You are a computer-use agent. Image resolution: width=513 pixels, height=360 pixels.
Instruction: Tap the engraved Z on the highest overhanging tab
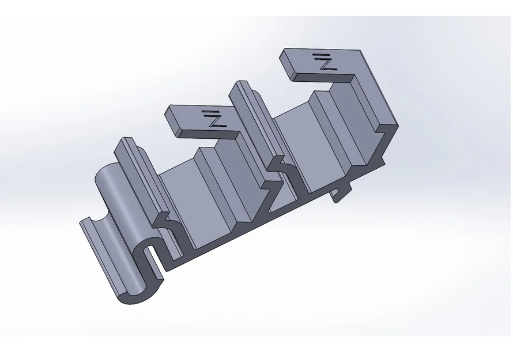pos(326,63)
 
